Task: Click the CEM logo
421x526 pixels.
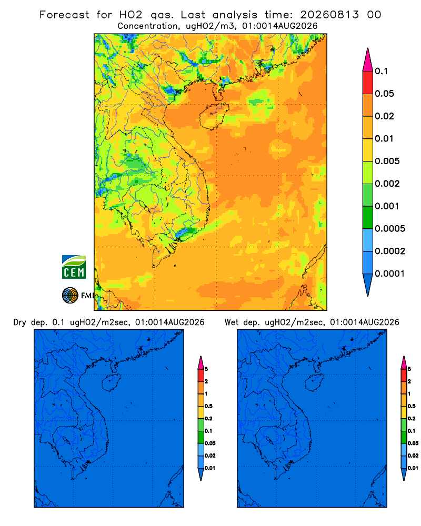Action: (x=74, y=267)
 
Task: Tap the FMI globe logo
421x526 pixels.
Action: (x=70, y=295)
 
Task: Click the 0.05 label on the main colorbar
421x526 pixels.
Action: (x=384, y=94)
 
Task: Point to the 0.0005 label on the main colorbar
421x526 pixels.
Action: (x=390, y=229)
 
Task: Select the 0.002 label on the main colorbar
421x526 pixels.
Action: (x=387, y=184)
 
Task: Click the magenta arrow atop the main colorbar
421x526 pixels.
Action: (x=368, y=59)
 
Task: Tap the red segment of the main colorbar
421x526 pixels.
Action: (x=368, y=83)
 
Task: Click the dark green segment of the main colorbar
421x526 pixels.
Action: (x=368, y=217)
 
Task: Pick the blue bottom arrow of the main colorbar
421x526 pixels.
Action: (x=368, y=285)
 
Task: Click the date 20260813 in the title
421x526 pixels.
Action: (x=329, y=15)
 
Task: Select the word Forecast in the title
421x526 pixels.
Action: (x=64, y=15)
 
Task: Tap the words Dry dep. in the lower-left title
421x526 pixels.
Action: (x=31, y=322)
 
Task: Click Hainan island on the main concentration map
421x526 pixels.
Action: (x=214, y=116)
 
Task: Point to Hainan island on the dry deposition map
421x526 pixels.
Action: (x=111, y=383)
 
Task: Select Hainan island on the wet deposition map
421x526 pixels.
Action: (x=314, y=383)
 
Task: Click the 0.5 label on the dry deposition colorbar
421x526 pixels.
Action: (x=208, y=406)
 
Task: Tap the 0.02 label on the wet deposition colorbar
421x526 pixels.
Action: (x=413, y=456)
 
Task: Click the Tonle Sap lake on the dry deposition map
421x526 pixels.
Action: (x=67, y=440)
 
